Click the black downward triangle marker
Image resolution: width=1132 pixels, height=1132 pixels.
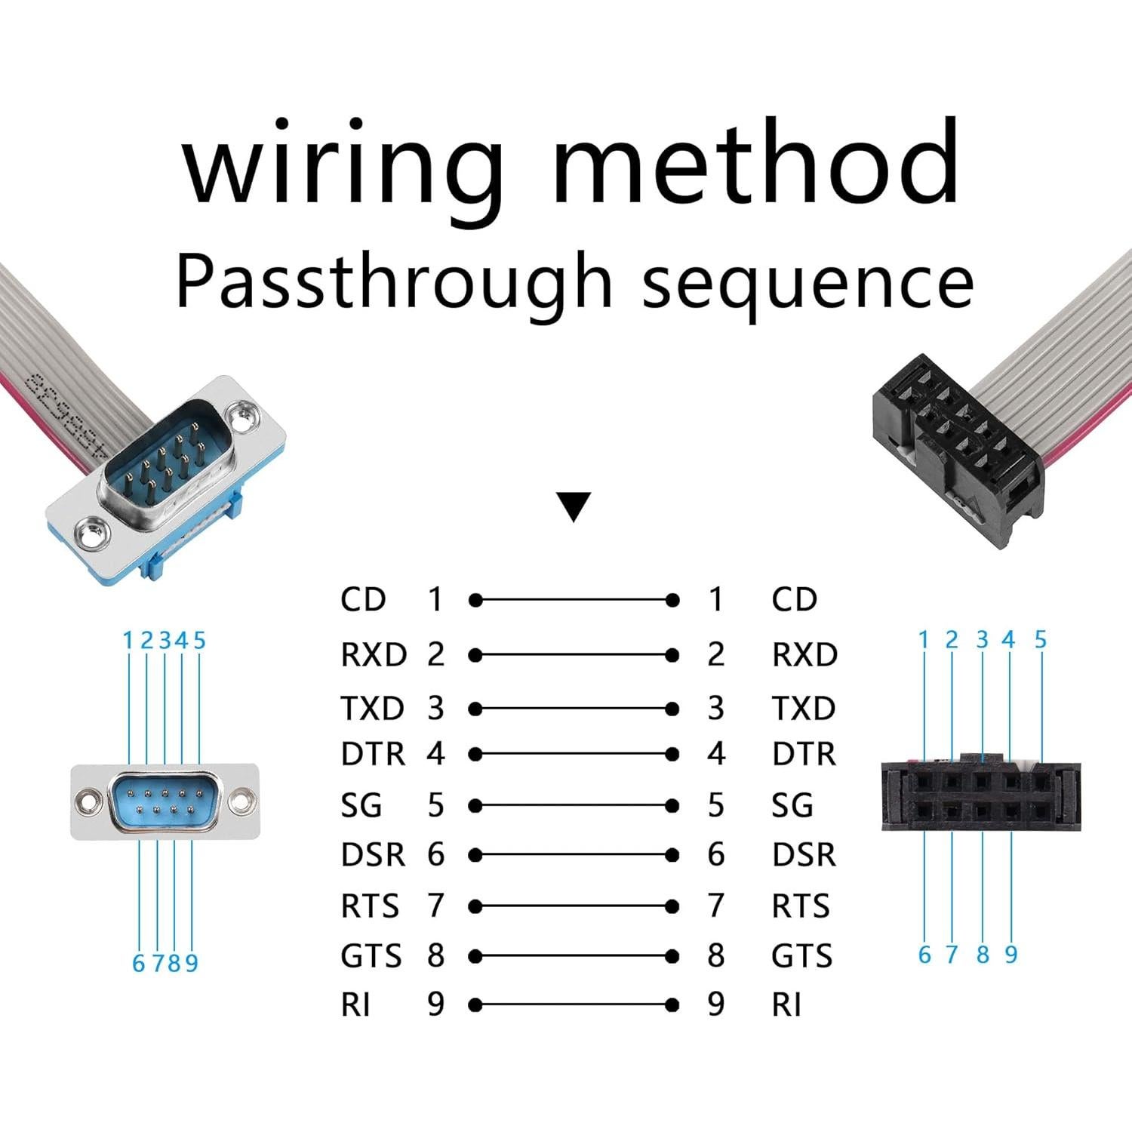[574, 506]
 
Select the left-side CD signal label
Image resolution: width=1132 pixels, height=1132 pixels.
[363, 600]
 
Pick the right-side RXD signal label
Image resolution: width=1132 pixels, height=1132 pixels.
[804, 654]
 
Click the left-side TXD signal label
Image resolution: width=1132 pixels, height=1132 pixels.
[372, 709]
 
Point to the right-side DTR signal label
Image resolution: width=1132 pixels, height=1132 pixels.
[804, 754]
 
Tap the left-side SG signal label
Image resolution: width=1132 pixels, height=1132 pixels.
[361, 805]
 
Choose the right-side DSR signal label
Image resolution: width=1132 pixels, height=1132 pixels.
[804, 855]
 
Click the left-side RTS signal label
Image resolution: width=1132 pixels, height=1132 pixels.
[369, 906]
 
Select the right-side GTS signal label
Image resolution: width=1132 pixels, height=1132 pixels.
[801, 956]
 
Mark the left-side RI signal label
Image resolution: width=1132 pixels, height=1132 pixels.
[355, 1004]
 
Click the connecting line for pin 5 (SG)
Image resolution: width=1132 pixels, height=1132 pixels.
[574, 806]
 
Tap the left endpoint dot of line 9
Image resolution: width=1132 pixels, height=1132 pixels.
[475, 1005]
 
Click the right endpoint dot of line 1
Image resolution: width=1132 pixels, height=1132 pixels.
[672, 600]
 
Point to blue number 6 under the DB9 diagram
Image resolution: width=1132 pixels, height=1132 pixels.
[138, 964]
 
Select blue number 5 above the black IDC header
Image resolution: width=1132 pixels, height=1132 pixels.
[1041, 640]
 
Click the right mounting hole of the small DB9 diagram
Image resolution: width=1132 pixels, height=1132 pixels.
[241, 801]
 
